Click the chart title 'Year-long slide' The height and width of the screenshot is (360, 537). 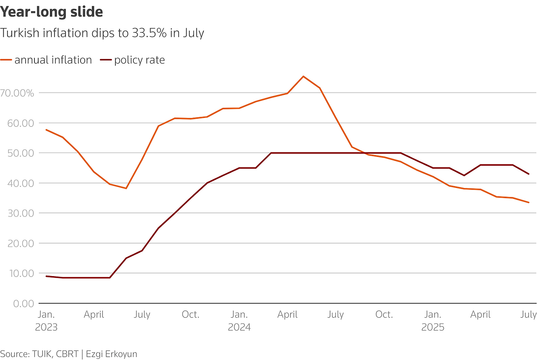[52, 12]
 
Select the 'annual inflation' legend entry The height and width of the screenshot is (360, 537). [53, 60]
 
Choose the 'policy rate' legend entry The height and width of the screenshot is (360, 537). [139, 60]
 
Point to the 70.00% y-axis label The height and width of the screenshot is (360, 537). [17, 93]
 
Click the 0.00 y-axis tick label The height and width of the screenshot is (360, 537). [23, 303]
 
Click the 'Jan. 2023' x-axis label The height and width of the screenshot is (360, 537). [46, 321]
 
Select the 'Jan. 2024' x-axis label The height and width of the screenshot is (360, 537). [239, 321]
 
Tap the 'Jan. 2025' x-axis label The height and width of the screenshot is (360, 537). [433, 321]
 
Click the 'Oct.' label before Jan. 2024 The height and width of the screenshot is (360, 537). [190, 315]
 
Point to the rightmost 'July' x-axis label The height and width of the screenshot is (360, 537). [529, 315]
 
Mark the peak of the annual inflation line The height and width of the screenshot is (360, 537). [303, 76]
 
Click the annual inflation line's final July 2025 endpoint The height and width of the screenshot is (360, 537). [529, 202]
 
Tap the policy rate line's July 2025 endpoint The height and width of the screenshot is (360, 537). [529, 174]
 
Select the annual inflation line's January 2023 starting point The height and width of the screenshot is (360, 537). [46, 130]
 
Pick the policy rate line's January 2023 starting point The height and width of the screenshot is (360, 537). [46, 276]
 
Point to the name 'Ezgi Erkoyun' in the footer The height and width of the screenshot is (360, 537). [112, 354]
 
